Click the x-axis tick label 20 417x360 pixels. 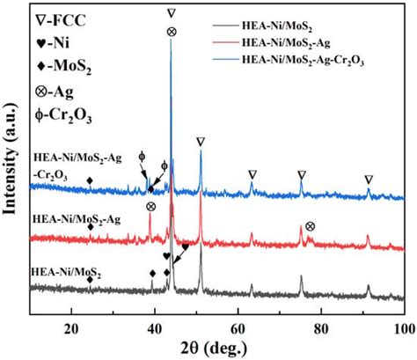(x=72, y=327)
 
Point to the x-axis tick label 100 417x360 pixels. (x=402, y=327)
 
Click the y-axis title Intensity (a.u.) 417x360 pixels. (x=11, y=163)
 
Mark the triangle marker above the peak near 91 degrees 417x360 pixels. (x=369, y=179)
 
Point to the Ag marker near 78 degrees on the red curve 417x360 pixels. (x=310, y=226)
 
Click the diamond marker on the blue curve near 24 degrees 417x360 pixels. (x=90, y=180)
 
